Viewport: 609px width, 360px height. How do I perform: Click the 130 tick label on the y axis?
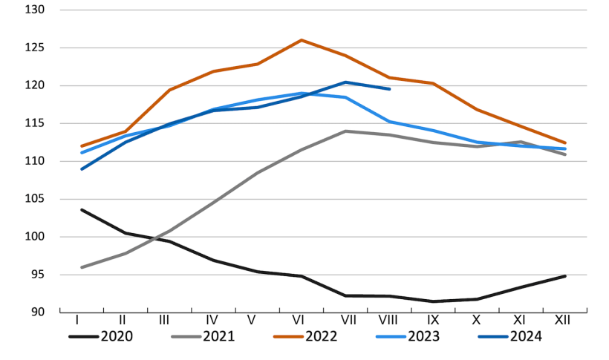[x=35, y=10]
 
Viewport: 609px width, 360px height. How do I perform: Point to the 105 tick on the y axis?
[x=35, y=199]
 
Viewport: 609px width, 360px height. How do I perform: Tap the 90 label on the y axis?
[x=38, y=312]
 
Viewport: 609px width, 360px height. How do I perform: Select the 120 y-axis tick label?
[x=35, y=86]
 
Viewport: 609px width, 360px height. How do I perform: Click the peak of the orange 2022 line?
[x=302, y=40]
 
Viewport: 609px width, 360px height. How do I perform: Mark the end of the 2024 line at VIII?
[x=390, y=89]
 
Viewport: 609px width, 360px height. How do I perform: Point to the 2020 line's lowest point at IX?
[x=434, y=301]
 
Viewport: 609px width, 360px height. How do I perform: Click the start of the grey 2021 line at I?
[x=81, y=267]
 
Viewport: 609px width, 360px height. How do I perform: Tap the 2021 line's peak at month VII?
[x=345, y=131]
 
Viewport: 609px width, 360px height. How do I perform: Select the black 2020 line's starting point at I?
[x=81, y=209]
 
